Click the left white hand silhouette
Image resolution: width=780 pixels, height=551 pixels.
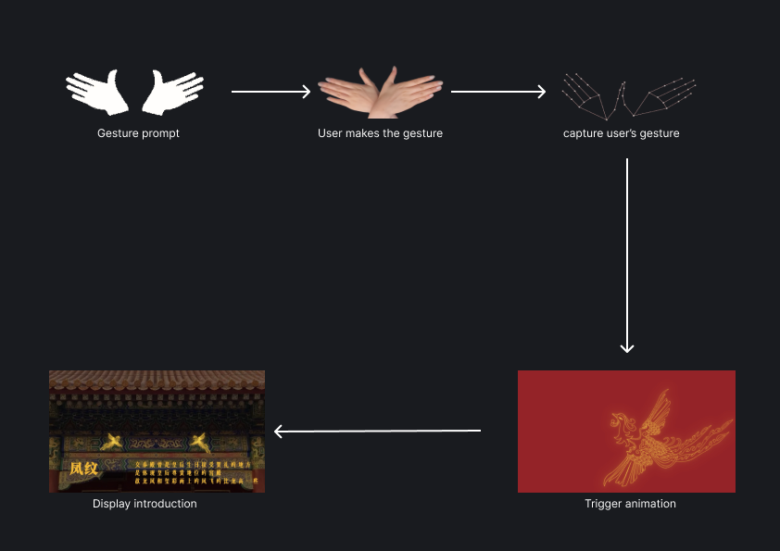[96, 91]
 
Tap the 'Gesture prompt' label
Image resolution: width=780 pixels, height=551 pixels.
[138, 133]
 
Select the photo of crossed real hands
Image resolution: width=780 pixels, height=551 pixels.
[380, 92]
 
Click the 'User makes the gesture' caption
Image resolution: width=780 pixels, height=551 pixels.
[380, 133]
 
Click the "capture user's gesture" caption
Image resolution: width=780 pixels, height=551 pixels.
[621, 133]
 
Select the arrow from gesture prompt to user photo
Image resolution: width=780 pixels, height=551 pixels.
[270, 92]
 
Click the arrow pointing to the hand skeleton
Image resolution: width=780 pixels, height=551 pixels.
[498, 92]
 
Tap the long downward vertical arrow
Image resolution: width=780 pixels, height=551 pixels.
[627, 255]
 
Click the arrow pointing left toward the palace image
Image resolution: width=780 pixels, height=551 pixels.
[377, 431]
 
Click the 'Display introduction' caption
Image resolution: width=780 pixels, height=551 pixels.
[145, 504]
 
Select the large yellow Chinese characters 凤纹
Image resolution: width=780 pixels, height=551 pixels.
[83, 469]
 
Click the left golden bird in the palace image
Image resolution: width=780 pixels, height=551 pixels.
[115, 442]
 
